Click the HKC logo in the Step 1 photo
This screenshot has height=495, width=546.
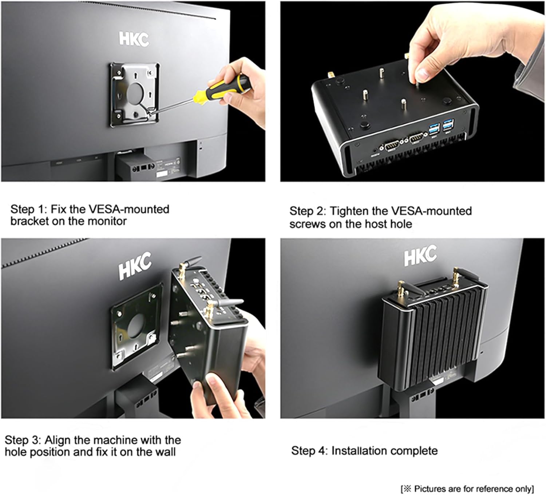coord(134,39)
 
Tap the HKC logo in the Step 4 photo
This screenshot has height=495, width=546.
coord(420,255)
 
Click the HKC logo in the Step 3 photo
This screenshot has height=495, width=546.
coord(134,267)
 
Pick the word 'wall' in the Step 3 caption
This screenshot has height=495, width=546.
coord(164,452)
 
